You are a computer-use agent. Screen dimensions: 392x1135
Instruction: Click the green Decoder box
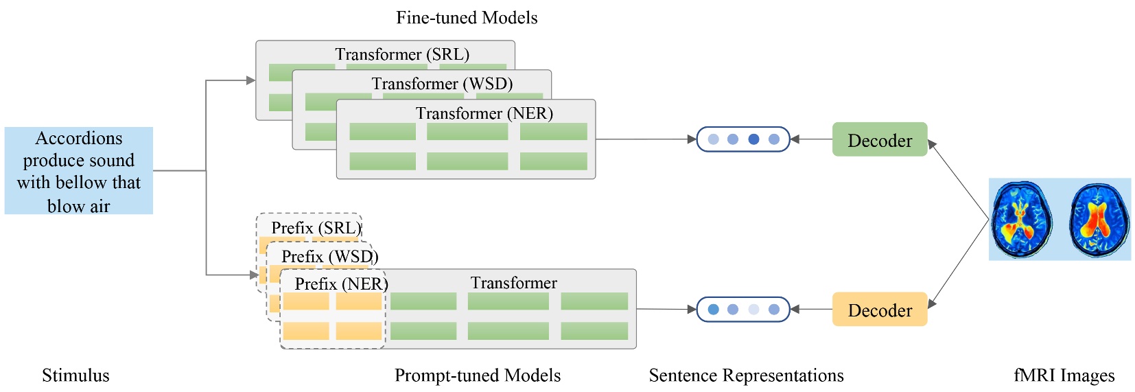pos(879,139)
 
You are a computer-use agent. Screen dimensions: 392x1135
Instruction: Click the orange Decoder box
pos(879,310)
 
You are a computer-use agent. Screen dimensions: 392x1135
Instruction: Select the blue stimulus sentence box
pos(79,171)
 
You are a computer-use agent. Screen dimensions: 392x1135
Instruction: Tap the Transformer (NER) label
pos(484,113)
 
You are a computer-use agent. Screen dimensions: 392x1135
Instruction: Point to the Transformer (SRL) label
pos(402,54)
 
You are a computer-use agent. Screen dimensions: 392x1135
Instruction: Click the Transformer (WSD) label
pos(442,84)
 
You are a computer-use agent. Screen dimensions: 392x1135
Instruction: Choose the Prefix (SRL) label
pos(316,228)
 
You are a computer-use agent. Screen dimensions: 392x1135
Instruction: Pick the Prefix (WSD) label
pos(329,257)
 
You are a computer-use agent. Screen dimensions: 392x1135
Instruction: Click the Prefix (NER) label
pos(341,284)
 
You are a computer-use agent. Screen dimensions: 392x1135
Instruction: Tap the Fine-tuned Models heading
pos(467,18)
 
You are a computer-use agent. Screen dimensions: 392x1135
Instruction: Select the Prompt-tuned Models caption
pos(478,376)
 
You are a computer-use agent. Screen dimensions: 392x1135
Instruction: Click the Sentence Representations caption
pos(746,376)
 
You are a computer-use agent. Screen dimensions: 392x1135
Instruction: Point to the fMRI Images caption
pos(1064,376)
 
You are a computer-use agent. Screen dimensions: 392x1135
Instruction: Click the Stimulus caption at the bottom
pos(75,376)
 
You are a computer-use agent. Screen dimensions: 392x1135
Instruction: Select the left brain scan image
pos(1022,220)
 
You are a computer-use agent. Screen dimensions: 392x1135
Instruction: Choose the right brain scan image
pos(1099,220)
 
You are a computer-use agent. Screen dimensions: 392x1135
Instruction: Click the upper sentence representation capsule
pos(743,139)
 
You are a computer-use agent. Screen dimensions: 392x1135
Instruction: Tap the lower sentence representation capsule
pos(743,310)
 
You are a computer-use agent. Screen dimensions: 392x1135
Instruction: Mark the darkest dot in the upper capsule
pos(753,139)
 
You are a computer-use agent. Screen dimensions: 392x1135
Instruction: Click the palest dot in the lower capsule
pos(753,310)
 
